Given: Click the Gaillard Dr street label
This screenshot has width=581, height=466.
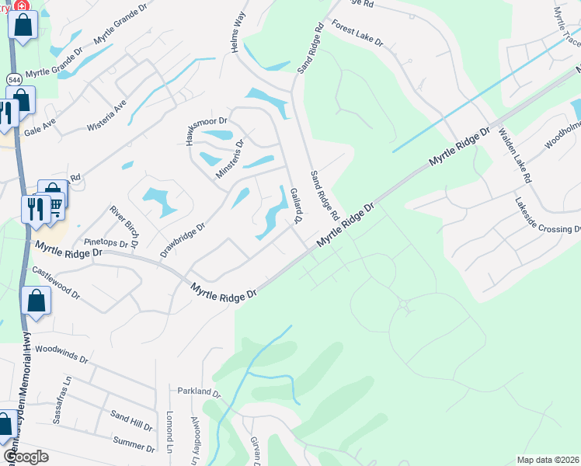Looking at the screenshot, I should [x=295, y=206].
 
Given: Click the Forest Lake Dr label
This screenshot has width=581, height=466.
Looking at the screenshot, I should [x=357, y=34].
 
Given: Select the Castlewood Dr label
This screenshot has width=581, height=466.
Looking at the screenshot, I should [x=56, y=282].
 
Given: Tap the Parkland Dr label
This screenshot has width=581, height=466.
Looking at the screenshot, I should [x=200, y=392].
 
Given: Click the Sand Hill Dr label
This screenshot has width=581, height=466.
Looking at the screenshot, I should [x=131, y=422].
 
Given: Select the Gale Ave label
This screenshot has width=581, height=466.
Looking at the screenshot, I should [x=40, y=127].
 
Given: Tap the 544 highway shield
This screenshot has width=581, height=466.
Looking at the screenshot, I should [x=13, y=79].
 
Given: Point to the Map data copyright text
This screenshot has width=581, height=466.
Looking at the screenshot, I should [x=548, y=460].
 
